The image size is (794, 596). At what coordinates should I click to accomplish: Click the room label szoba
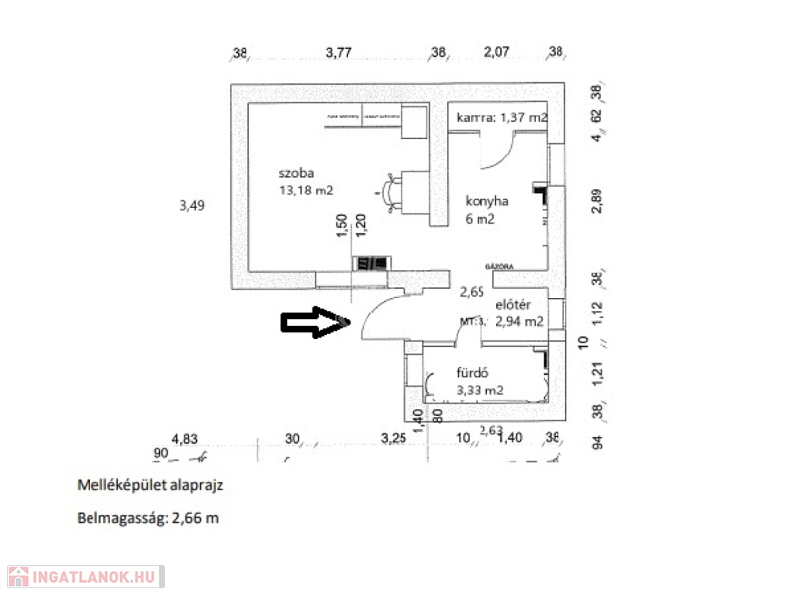pyautogui.click(x=297, y=173)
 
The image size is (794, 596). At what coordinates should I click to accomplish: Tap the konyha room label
pyautogui.click(x=486, y=201)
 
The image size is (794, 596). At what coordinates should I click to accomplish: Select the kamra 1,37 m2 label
pyautogui.click(x=502, y=118)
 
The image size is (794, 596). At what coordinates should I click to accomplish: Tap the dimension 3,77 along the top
pyautogui.click(x=339, y=53)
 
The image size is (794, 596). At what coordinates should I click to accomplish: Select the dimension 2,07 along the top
pyautogui.click(x=496, y=53)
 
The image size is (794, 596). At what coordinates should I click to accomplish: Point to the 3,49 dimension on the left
pyautogui.click(x=191, y=206)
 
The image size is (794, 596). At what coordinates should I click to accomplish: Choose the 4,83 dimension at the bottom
pyautogui.click(x=185, y=438)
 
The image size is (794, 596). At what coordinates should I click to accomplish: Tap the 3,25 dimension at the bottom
pyautogui.click(x=394, y=438)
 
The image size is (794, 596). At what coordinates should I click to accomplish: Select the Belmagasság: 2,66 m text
pyautogui.click(x=148, y=518)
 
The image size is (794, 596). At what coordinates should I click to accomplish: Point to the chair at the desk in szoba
pyautogui.click(x=389, y=191)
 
